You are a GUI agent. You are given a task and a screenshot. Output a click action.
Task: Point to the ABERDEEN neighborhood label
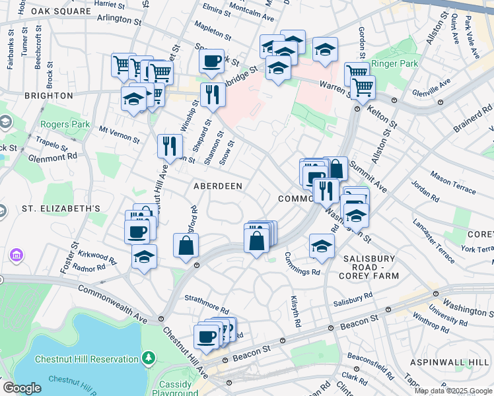pos(217,186)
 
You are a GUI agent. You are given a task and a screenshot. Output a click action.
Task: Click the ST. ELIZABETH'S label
pos(61,209)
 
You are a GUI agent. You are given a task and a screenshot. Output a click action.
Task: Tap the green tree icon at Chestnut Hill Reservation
pos(149,358)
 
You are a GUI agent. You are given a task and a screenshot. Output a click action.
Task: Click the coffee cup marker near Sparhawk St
pos(211,62)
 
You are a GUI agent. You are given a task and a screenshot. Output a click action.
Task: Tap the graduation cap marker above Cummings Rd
pos(322,246)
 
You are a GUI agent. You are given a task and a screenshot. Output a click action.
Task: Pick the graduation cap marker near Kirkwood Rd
pos(144,257)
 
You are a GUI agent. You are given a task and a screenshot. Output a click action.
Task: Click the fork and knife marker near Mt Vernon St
pos(170,145)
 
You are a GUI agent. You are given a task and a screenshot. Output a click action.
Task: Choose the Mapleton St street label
pos(213,30)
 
